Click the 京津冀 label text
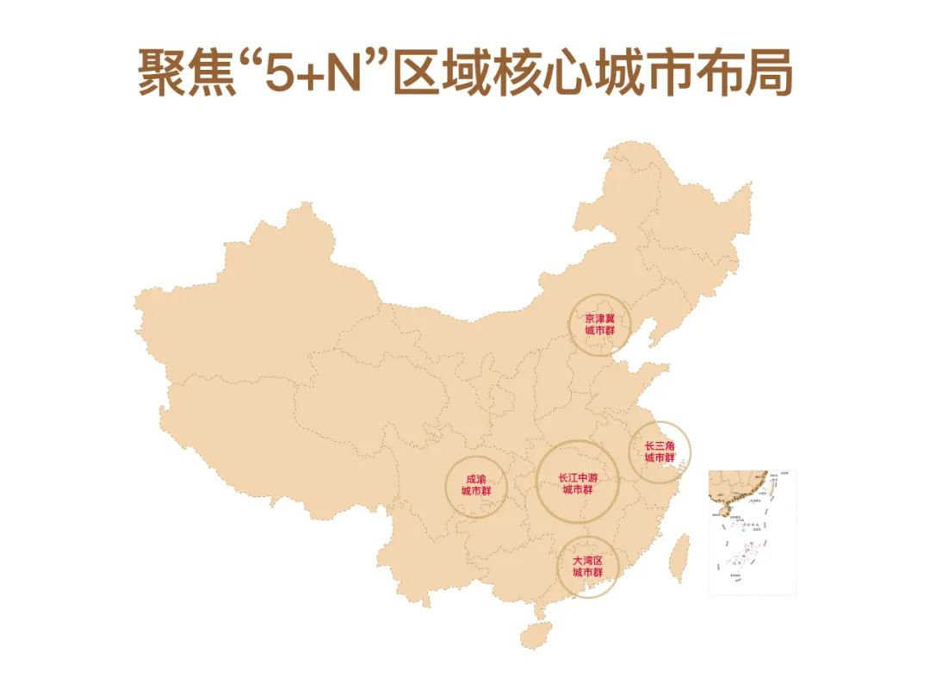600,319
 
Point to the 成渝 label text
475,479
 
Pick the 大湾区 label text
587,561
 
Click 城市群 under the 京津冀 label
600,331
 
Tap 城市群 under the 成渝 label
475,491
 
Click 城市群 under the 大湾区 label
587,573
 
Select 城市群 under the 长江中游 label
577,489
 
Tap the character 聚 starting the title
164,72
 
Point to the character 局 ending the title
766,72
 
